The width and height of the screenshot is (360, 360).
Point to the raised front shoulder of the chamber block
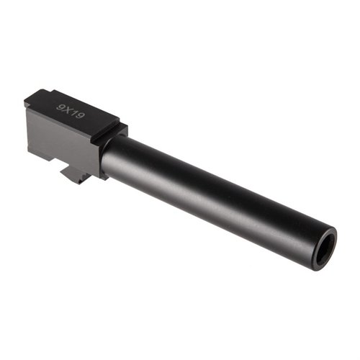119,133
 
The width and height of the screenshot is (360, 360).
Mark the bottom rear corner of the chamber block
29,148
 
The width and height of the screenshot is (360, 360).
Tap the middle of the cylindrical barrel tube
216,194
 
